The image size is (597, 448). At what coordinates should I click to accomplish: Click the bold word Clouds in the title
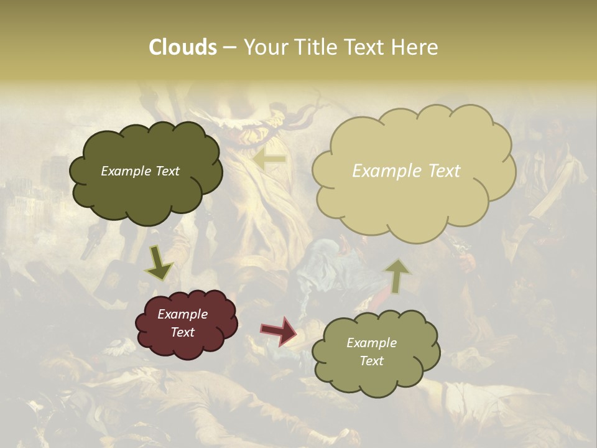[182, 47]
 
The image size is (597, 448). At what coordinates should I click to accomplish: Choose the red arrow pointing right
[279, 330]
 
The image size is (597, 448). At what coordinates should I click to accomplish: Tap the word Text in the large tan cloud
[440, 171]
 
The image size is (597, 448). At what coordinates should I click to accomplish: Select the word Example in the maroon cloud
[182, 314]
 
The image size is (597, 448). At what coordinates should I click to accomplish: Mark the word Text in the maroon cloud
[182, 332]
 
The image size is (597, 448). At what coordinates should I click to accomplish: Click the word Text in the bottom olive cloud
[371, 361]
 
